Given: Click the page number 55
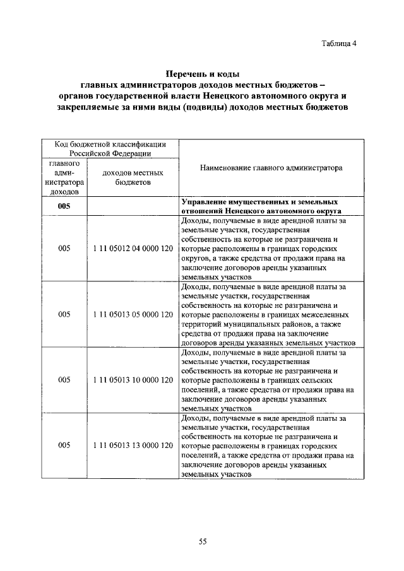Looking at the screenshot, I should (203, 541).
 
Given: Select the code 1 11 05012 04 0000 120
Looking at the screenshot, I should (133, 249).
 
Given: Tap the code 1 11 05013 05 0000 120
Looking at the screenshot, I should (133, 314).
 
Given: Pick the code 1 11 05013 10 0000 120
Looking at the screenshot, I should (133, 380).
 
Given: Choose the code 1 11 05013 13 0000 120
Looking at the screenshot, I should (133, 445).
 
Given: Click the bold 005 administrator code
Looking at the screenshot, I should (64, 206).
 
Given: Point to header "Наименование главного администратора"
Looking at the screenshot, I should (271, 168).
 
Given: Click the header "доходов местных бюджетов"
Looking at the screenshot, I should (133, 177).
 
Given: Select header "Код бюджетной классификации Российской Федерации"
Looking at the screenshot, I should (110, 148).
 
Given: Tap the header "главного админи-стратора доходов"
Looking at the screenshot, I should (64, 177).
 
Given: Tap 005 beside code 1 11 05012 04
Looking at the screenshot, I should (64, 249).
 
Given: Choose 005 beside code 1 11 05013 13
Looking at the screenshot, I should (64, 445).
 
